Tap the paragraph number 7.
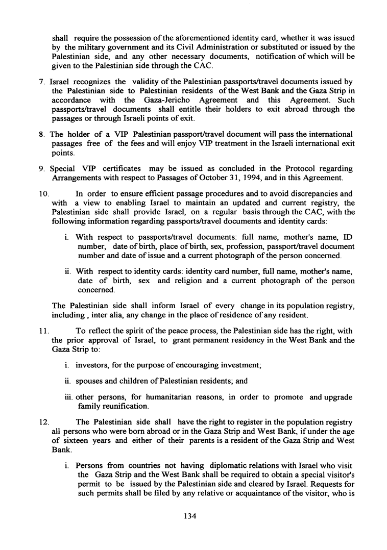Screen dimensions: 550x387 click(42, 82)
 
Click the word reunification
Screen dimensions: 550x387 click(122, 406)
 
